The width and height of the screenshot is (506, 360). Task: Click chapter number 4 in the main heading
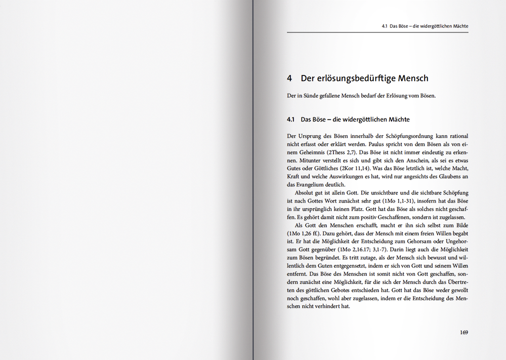coord(289,78)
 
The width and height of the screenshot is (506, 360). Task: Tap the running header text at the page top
coord(425,26)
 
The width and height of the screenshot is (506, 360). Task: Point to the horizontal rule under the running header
coord(377,32)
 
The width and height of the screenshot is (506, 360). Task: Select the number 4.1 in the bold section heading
coord(290,120)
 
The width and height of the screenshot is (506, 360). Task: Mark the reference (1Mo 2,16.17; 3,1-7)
coord(357,250)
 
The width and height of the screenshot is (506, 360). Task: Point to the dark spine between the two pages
coord(252,180)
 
